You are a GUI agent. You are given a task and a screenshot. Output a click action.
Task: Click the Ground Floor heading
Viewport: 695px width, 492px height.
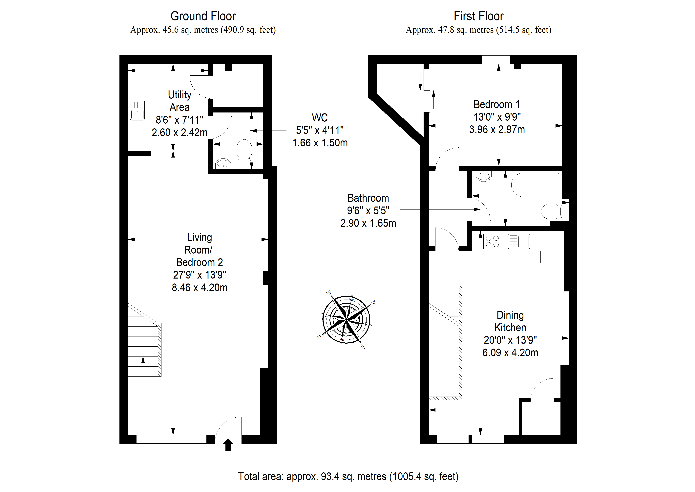(x=203, y=16)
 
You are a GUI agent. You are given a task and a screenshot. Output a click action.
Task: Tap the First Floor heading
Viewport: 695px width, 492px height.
(x=479, y=16)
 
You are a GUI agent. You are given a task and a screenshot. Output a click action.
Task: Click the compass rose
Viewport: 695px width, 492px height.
(x=347, y=320)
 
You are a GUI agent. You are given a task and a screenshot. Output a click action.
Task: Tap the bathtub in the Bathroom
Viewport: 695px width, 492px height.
(x=535, y=185)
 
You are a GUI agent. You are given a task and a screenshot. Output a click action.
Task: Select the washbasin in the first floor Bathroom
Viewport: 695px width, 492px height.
(x=484, y=176)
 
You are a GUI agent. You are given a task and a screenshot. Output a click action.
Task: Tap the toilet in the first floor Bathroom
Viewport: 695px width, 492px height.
(x=552, y=211)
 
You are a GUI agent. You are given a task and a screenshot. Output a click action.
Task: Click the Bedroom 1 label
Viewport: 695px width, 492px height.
(x=497, y=104)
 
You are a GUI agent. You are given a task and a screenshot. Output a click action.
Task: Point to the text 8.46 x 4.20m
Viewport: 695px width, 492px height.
(x=200, y=287)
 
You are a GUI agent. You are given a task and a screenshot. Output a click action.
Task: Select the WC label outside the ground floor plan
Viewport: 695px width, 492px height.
(x=320, y=118)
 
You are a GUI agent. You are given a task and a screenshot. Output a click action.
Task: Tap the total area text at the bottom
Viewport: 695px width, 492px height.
(x=348, y=476)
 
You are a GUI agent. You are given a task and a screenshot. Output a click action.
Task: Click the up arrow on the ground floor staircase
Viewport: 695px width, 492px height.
(x=143, y=368)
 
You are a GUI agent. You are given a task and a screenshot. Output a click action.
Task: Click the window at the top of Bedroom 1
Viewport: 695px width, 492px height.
(x=496, y=60)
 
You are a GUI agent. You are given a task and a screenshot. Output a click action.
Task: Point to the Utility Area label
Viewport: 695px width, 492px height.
(x=179, y=101)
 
